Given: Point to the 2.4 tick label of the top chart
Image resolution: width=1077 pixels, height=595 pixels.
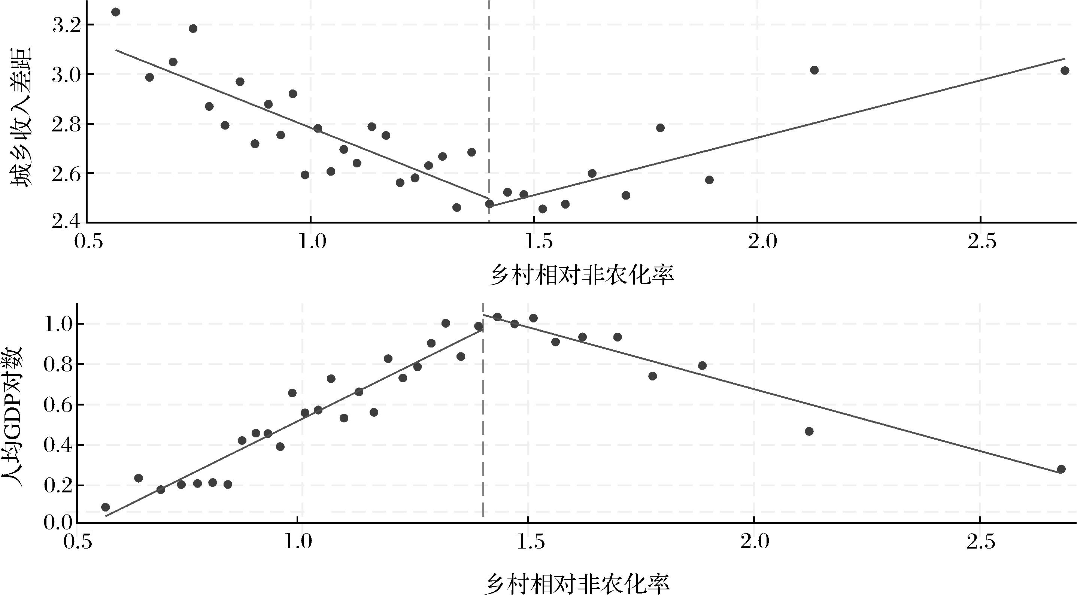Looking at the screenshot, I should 66,222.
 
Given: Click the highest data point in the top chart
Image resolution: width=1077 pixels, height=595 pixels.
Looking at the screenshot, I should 116,12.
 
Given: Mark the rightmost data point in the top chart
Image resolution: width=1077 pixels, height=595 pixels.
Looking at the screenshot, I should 1065,71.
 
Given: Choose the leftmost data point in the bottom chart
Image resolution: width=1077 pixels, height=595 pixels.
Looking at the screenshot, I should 105,507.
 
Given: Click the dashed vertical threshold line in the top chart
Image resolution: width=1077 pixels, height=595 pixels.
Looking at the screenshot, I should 489,104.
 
